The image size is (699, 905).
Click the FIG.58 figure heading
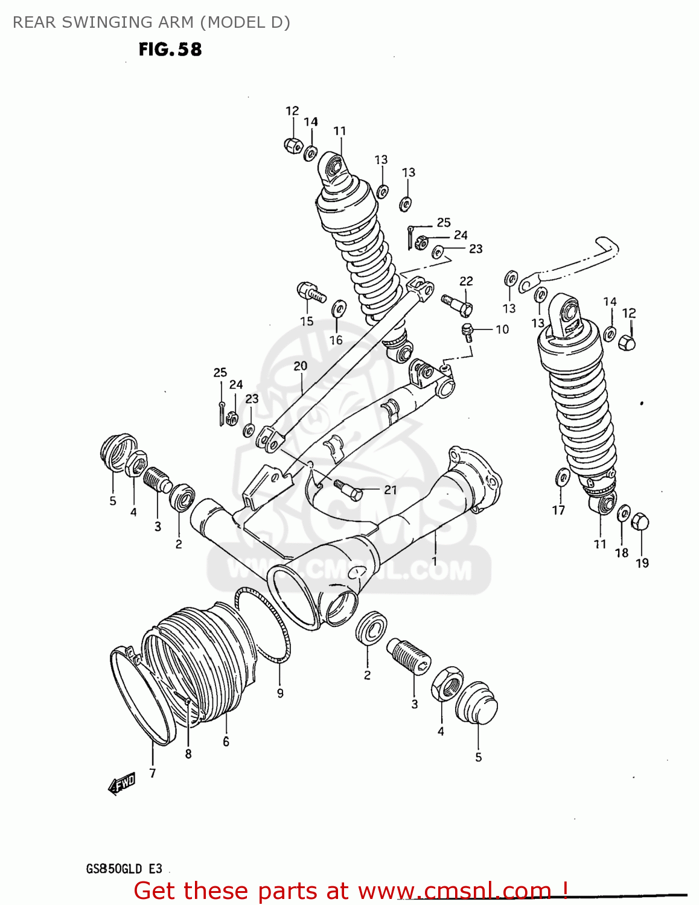pyautogui.click(x=170, y=49)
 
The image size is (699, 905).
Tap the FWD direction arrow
pyautogui.click(x=121, y=784)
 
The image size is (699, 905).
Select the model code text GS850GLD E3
pyautogui.click(x=124, y=869)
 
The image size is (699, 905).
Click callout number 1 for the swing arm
pyautogui.click(x=434, y=561)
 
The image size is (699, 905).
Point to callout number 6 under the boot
pyautogui.click(x=226, y=741)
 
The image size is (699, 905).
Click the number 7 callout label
pyautogui.click(x=153, y=773)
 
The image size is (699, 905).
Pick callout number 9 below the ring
pyautogui.click(x=280, y=693)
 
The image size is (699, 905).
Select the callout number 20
pyautogui.click(x=300, y=366)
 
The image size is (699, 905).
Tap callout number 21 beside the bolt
pyautogui.click(x=391, y=490)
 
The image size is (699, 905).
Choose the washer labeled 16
pyautogui.click(x=339, y=309)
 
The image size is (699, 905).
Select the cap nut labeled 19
pyautogui.click(x=640, y=521)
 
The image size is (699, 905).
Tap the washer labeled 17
pyautogui.click(x=561, y=478)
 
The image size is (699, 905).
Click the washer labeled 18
pyautogui.click(x=624, y=513)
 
